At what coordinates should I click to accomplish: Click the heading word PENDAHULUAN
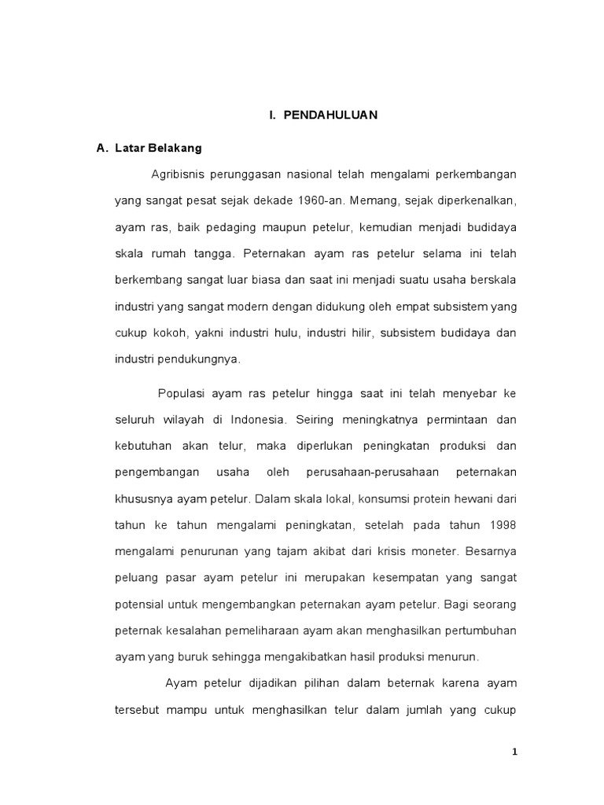[x=331, y=116]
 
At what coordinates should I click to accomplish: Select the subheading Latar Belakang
[x=158, y=148]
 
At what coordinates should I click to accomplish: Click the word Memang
[x=370, y=200]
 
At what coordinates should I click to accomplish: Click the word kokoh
[x=168, y=333]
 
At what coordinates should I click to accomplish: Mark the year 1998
[x=503, y=525]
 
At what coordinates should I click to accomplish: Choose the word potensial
[x=140, y=605]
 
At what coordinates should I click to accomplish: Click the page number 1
[x=514, y=752]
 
